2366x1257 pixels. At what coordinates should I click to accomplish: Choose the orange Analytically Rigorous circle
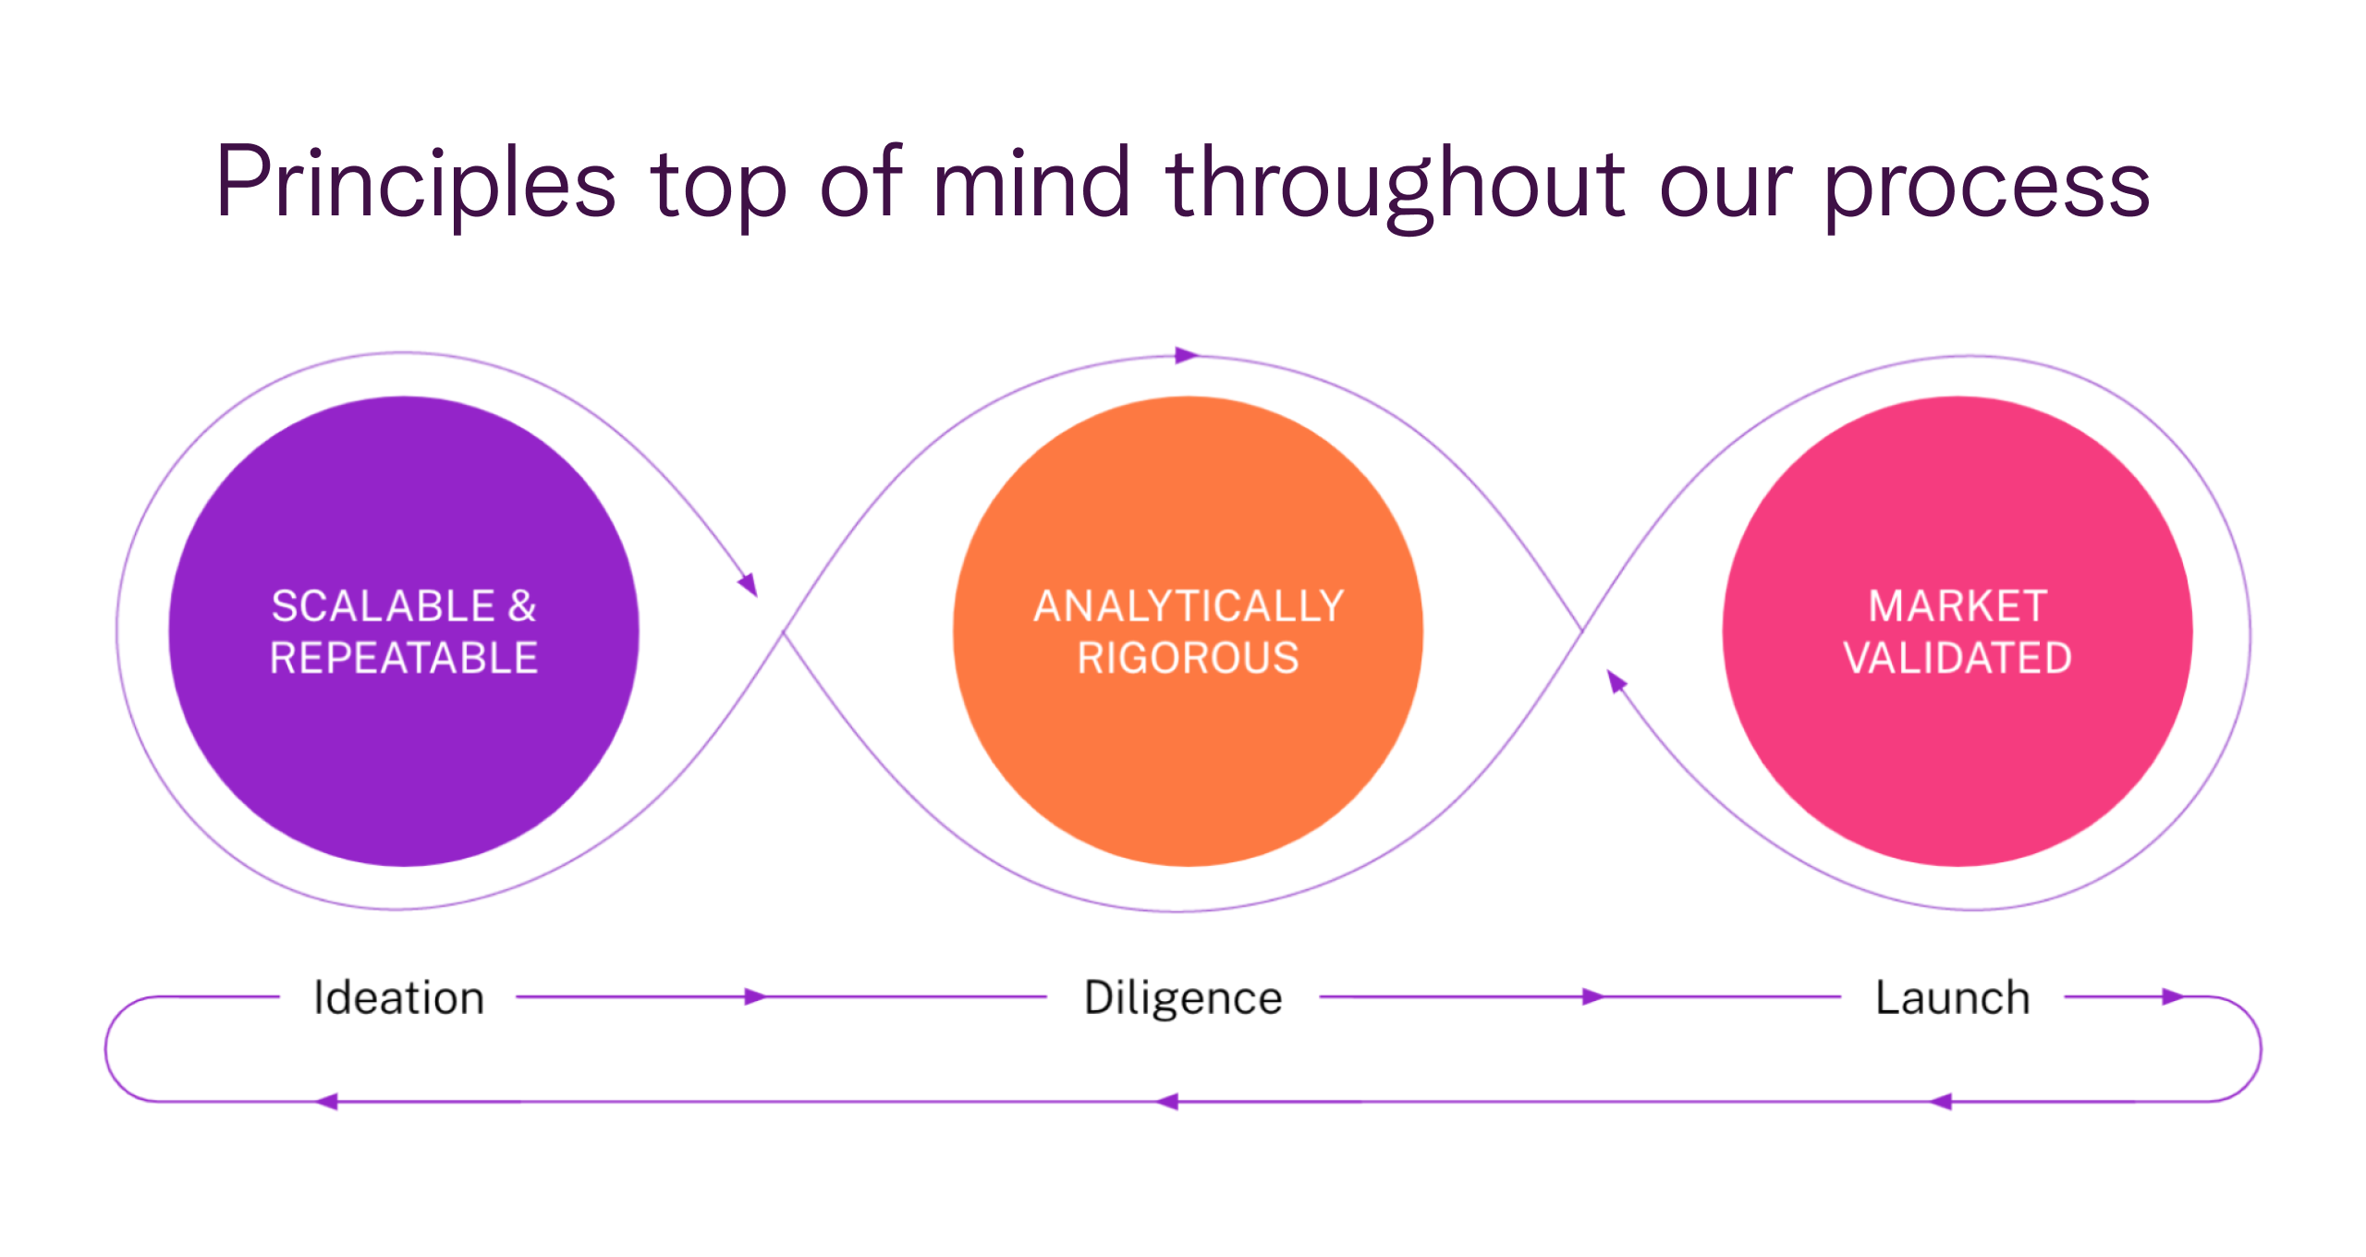pos(1188,758)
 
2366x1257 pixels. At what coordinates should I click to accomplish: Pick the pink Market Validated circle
pos(1957,758)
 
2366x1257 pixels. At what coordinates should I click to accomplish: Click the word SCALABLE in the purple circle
pos(384,606)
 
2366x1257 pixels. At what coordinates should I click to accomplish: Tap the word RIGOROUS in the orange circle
pos(1188,658)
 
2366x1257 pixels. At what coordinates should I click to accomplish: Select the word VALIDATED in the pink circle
pos(1957,658)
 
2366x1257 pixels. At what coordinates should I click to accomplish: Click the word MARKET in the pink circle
pos(1957,606)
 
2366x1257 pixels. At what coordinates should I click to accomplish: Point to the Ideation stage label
pos(398,998)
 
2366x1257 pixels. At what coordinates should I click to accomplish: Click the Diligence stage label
pos(1183,998)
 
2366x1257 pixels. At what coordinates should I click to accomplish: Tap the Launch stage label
pos(1952,998)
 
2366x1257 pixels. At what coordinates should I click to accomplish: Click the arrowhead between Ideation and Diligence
pos(756,996)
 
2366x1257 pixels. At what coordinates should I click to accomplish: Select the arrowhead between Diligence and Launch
pos(1592,996)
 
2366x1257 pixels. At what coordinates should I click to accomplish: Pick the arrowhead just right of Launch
pos(2173,996)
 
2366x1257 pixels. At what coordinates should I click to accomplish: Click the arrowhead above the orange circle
pos(1187,355)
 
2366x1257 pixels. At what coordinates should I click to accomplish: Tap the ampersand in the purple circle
pos(522,606)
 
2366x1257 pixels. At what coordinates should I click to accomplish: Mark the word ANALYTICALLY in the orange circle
pos(1188,606)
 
